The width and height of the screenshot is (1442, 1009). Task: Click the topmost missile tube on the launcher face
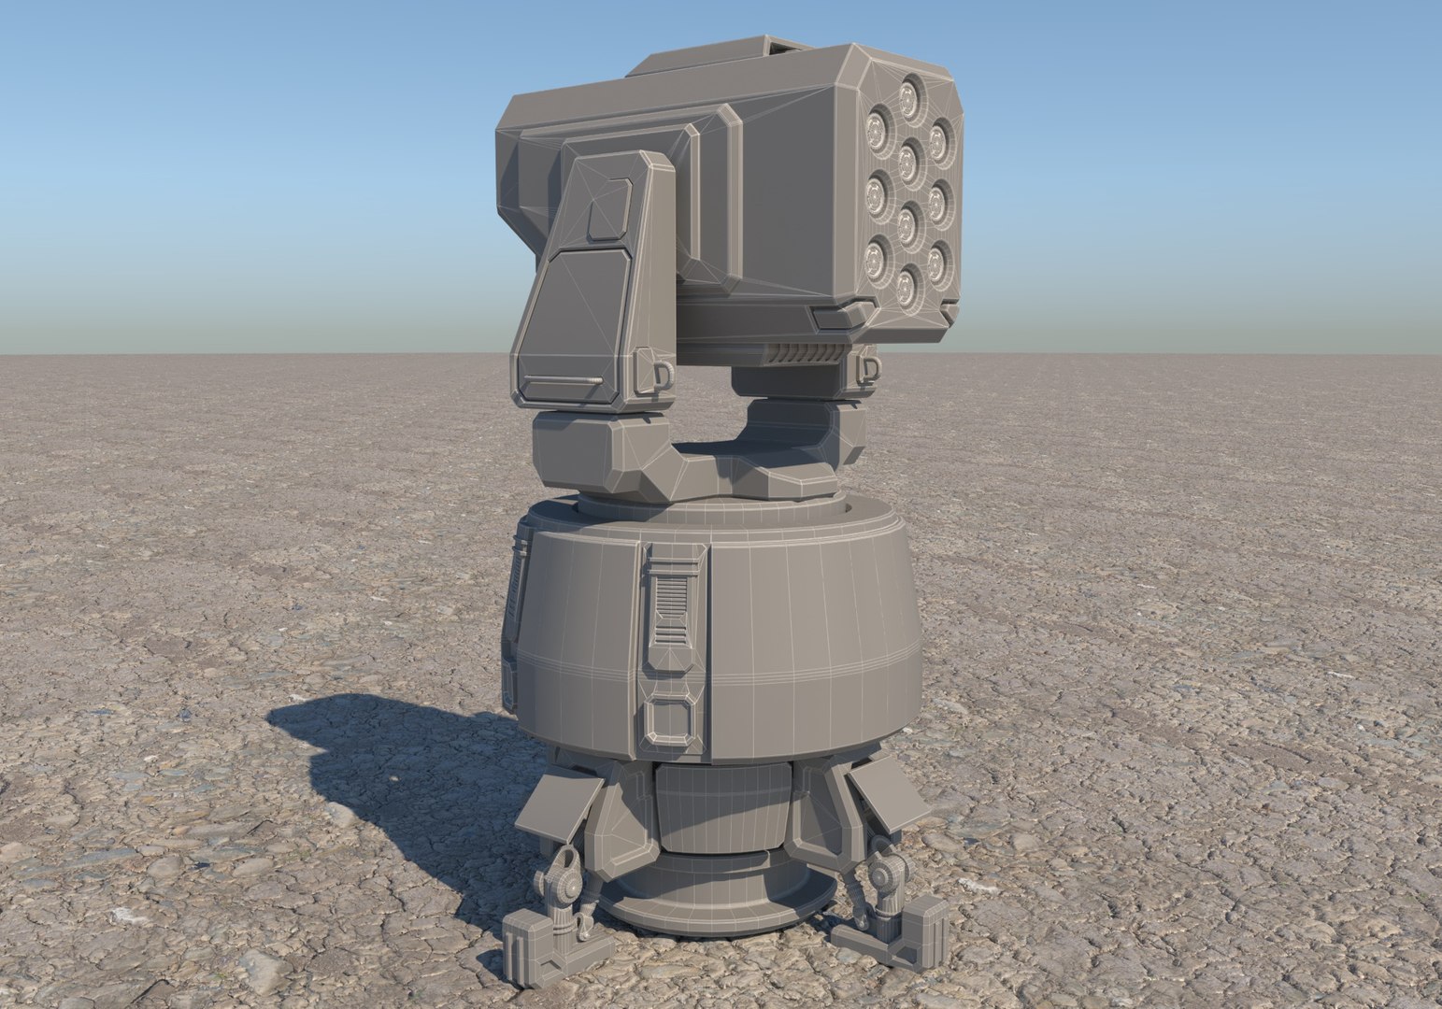pos(908,93)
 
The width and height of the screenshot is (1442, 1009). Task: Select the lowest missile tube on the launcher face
pos(907,284)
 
